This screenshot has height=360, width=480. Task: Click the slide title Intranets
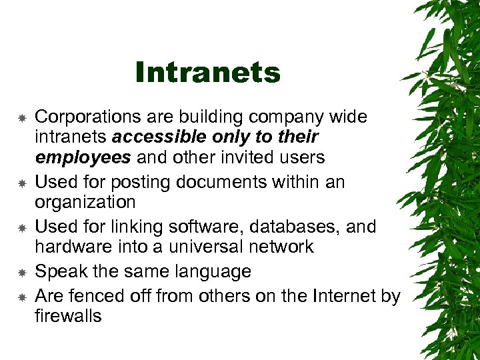pyautogui.click(x=207, y=73)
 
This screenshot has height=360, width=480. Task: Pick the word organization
pyautogui.click(x=85, y=202)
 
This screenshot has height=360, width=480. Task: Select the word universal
pyautogui.click(x=207, y=247)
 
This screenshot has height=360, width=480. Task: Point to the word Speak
pyautogui.click(x=57, y=271)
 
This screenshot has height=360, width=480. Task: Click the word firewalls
pyautogui.click(x=68, y=315)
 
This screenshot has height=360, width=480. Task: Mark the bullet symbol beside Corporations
pyautogui.click(x=21, y=118)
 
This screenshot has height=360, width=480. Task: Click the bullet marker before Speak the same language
pyautogui.click(x=21, y=272)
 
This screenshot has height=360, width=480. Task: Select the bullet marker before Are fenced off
pyautogui.click(x=21, y=296)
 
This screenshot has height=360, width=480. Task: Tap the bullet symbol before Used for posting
pyautogui.click(x=21, y=182)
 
